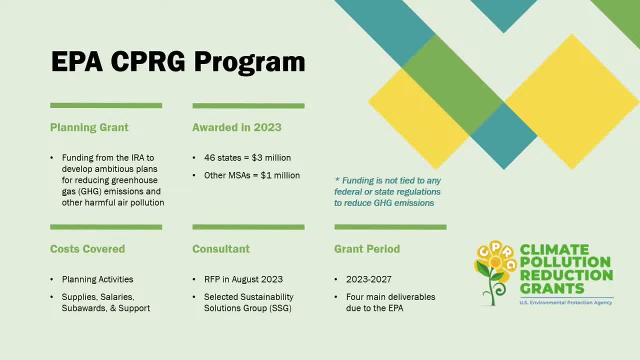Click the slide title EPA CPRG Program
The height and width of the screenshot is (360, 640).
[178, 62]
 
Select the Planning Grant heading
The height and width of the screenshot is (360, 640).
[89, 127]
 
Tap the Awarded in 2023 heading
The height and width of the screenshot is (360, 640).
[237, 127]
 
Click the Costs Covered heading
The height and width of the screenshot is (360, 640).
[87, 249]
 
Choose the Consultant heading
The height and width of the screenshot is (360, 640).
[221, 249]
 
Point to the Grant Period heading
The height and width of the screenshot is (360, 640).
[367, 249]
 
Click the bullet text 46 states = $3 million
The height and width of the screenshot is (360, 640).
[247, 158]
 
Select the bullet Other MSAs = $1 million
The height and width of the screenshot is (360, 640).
[251, 175]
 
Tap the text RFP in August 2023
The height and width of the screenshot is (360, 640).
[243, 279]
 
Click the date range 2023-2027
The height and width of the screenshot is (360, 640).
[368, 279]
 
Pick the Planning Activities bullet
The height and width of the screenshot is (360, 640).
[97, 279]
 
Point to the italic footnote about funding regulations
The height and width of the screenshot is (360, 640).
[387, 192]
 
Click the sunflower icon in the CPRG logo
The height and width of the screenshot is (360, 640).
[494, 270]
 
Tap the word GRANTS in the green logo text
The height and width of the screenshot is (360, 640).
[552, 288]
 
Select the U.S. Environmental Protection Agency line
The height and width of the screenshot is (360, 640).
[565, 302]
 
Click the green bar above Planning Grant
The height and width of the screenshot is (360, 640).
[106, 105]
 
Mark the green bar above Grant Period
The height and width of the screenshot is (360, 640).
[390, 227]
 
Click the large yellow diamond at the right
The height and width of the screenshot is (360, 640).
[571, 102]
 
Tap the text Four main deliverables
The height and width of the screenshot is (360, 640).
[390, 297]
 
